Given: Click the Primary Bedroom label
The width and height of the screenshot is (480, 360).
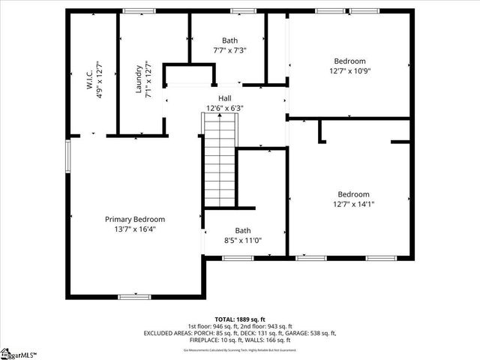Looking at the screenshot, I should coord(134,219).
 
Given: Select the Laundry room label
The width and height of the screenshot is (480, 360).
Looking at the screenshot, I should coord(139,77).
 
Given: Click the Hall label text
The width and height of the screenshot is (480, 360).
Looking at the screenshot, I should coord(225,98).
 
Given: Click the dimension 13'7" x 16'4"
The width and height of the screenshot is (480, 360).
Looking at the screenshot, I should coord(134,229).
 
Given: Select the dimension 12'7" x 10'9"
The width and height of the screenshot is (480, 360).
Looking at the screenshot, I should coord(349,71).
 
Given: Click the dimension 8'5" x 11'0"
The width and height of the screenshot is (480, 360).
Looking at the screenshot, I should coord(243,241).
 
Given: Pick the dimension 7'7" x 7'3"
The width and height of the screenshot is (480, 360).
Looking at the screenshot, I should coord(229,50).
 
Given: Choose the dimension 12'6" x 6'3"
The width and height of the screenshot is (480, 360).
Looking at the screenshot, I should coord(225,108).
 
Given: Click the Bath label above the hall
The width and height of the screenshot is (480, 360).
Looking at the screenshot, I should coord(229,40).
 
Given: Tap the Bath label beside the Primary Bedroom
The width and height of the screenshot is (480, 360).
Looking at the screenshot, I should coord(243,230).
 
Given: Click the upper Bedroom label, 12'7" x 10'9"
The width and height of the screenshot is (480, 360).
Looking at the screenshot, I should coord(349,61).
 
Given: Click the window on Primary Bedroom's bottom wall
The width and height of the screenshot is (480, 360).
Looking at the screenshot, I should coord(134,296).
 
